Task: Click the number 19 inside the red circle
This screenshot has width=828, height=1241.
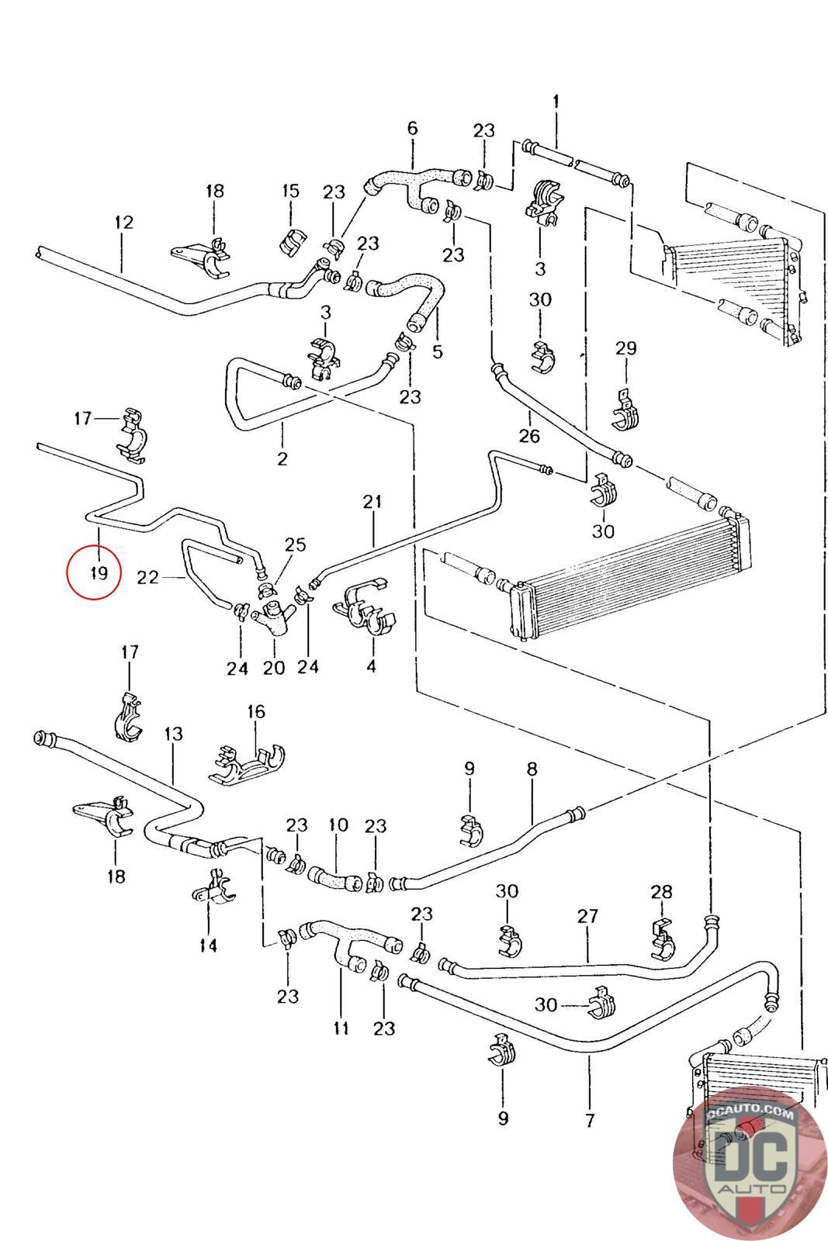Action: click(96, 573)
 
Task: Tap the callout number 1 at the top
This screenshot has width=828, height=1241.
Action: click(556, 102)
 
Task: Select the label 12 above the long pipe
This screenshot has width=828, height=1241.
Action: click(123, 223)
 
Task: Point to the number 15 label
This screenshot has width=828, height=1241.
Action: click(290, 191)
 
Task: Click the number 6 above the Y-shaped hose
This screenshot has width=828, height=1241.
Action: click(412, 128)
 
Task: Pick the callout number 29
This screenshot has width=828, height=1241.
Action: click(625, 348)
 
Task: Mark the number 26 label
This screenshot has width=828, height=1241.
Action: click(529, 436)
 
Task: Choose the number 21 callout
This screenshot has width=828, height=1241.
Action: click(373, 502)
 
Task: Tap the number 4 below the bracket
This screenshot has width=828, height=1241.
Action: click(371, 665)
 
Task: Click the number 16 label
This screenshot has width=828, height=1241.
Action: click(255, 711)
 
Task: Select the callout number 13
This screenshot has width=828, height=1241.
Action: click(173, 733)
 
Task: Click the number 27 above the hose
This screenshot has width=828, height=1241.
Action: click(588, 916)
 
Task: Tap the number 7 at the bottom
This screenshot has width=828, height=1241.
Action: click(590, 1120)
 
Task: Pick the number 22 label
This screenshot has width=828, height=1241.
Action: click(147, 577)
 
